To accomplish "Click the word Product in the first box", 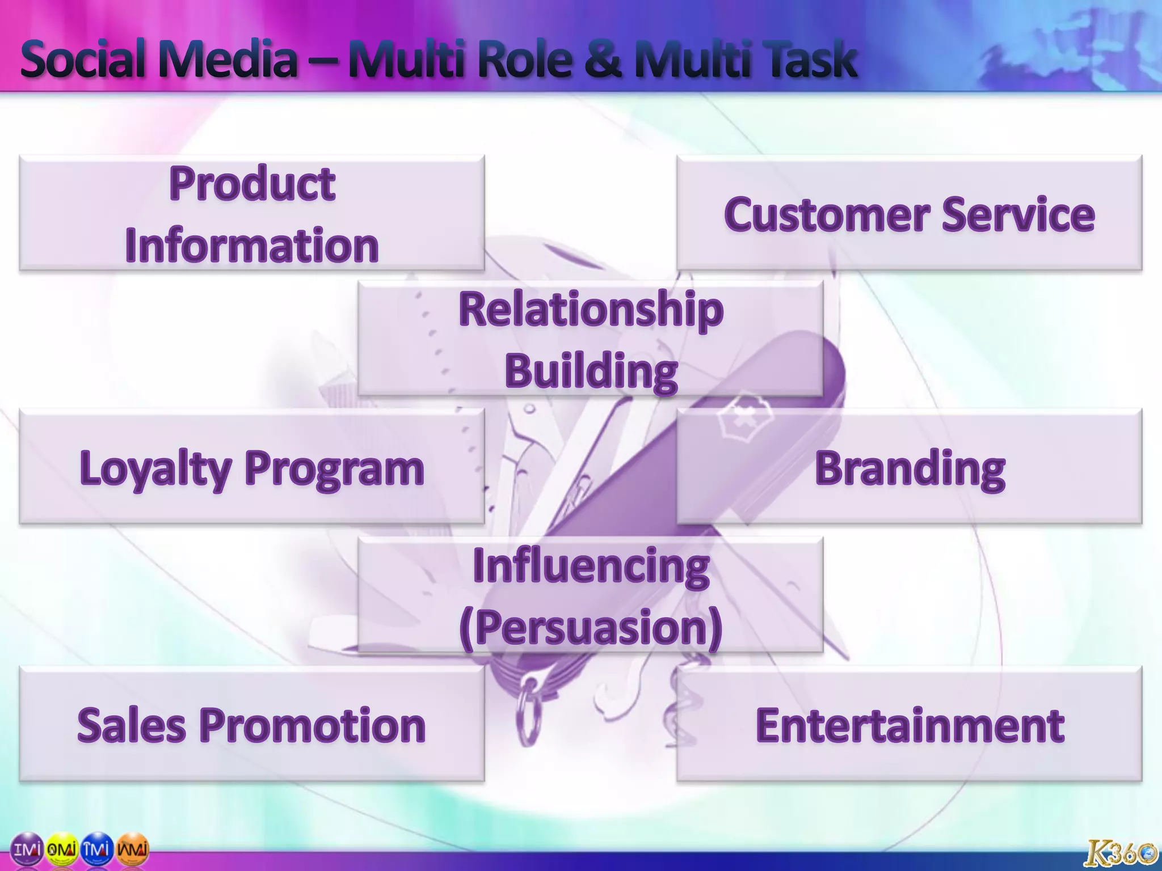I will (x=252, y=184).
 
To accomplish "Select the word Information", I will (x=252, y=246).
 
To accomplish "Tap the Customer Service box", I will (x=909, y=214).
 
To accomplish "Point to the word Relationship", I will (x=591, y=309).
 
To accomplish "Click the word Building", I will (x=591, y=371).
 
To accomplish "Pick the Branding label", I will (x=910, y=468).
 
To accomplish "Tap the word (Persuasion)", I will (x=591, y=627).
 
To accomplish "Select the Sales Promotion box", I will (x=252, y=725).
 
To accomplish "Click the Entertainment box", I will (x=910, y=725).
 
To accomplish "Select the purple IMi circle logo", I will (x=27, y=849).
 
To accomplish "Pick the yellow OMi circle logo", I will (x=61, y=849).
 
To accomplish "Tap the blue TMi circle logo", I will (x=97, y=849).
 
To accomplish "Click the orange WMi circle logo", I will (x=133, y=849).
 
